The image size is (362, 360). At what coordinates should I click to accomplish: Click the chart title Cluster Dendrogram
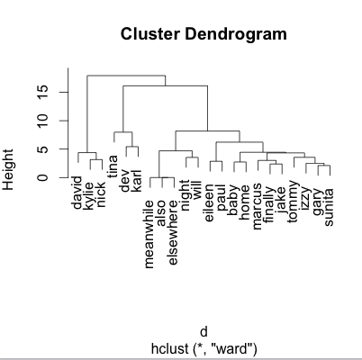click(204, 33)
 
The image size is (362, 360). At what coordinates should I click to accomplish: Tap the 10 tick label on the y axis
click(43, 121)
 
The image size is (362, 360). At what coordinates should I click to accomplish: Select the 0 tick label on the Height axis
click(43, 177)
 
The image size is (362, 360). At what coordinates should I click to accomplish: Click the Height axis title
click(8, 169)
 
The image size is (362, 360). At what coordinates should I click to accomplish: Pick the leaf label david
click(77, 193)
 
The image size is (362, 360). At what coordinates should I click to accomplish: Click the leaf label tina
click(113, 166)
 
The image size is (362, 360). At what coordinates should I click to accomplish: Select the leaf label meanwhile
click(149, 234)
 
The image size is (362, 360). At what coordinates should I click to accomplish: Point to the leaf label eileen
click(209, 202)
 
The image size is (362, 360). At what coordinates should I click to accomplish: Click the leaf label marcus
click(258, 207)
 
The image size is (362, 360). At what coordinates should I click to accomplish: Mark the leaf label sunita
click(330, 207)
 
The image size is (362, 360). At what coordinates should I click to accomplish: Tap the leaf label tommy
click(293, 202)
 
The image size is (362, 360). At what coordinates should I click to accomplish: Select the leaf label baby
click(233, 200)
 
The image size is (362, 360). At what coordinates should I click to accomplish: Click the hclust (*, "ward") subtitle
click(204, 348)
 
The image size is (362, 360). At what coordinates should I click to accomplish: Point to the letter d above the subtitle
click(204, 332)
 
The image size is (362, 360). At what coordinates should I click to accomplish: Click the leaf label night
click(186, 195)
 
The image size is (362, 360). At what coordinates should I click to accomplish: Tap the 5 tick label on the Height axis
click(43, 149)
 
